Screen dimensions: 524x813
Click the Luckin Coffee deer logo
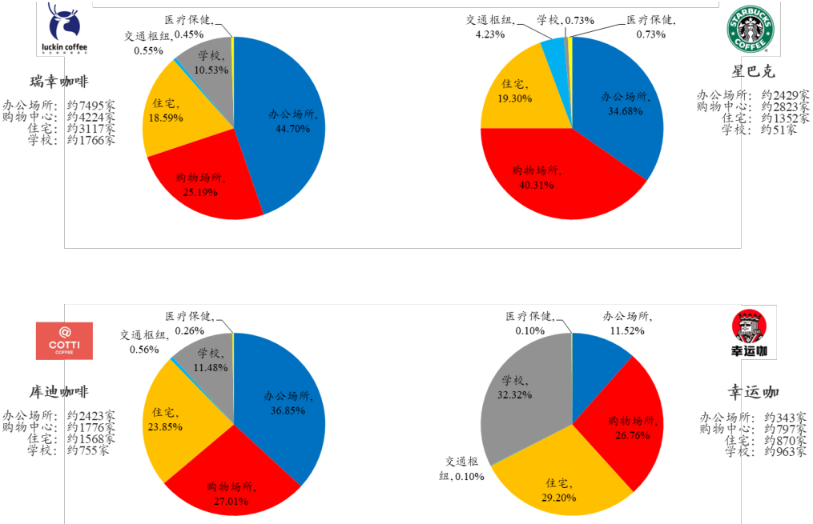[x=64, y=27]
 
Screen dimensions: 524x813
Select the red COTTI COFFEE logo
[x=64, y=341]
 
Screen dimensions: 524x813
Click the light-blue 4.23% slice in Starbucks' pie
[x=553, y=52]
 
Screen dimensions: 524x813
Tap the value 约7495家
[x=91, y=105]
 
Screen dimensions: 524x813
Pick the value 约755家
[x=88, y=450]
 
